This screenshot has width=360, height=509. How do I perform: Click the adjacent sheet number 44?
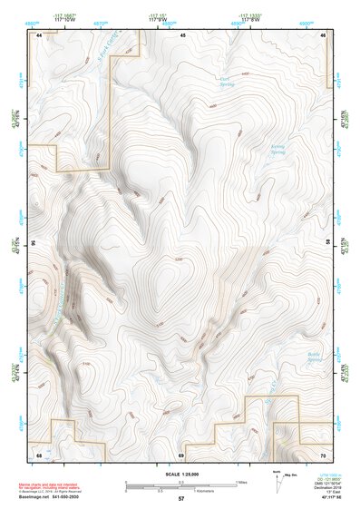pos(39,34)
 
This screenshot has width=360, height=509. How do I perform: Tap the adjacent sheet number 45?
pos(182,34)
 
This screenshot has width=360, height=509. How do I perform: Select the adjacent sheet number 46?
pos(324,34)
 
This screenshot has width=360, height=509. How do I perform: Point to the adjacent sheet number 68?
pos(39,454)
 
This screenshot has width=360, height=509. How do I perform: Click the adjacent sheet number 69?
pos(181,454)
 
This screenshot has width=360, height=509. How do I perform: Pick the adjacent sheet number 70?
pos(324,454)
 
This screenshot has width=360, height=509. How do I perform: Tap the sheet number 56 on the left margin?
pos(33,243)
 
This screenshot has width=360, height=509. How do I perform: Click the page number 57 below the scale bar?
pos(181,499)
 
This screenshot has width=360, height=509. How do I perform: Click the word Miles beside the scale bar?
pos(242,482)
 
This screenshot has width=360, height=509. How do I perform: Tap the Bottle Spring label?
pos(314,359)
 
